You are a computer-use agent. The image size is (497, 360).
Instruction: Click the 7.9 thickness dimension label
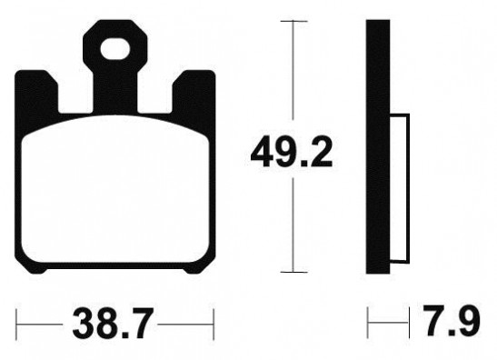453,321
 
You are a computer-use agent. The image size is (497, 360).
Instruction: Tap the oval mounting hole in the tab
115,49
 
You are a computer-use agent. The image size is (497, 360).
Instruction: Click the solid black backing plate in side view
378,146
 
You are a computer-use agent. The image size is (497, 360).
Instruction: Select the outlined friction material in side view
400,188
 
